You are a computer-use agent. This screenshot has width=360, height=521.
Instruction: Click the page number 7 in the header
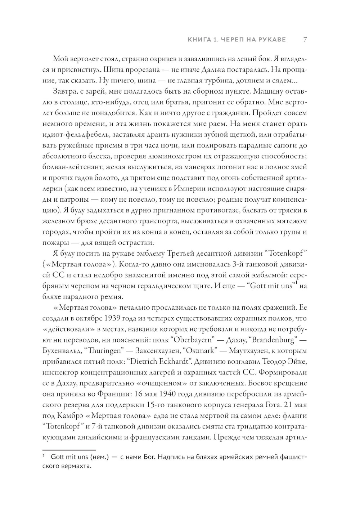(305, 39)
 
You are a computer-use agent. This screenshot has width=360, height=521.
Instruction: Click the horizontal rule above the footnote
(69, 450)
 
